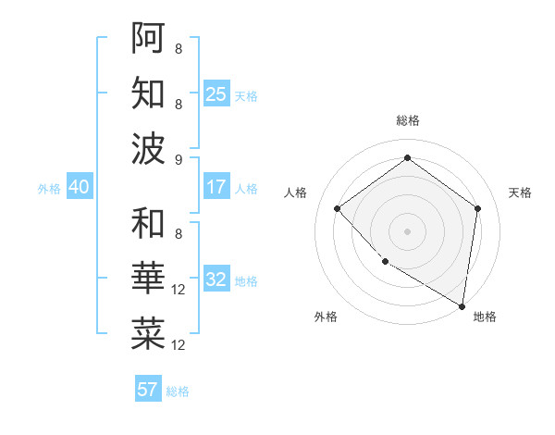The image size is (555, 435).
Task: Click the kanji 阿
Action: pos(148,37)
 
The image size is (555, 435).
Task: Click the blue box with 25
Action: pos(216,93)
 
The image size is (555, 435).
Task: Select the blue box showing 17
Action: pos(216,187)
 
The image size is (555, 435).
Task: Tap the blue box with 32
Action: pos(216,280)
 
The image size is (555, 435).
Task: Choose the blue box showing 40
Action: pos(79,187)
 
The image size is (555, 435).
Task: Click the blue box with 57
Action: pos(148,389)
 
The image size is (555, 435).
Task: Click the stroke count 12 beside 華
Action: pos(179,291)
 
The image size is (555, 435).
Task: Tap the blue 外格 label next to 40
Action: pos(49,189)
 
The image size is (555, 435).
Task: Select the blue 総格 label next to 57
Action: pos(178,391)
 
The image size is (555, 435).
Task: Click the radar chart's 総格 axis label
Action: pos(407,120)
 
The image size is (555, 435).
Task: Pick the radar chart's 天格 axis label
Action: pos(520,193)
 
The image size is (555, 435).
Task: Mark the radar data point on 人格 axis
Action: pos(338,208)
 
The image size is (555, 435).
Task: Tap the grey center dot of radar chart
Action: pos(407,230)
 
